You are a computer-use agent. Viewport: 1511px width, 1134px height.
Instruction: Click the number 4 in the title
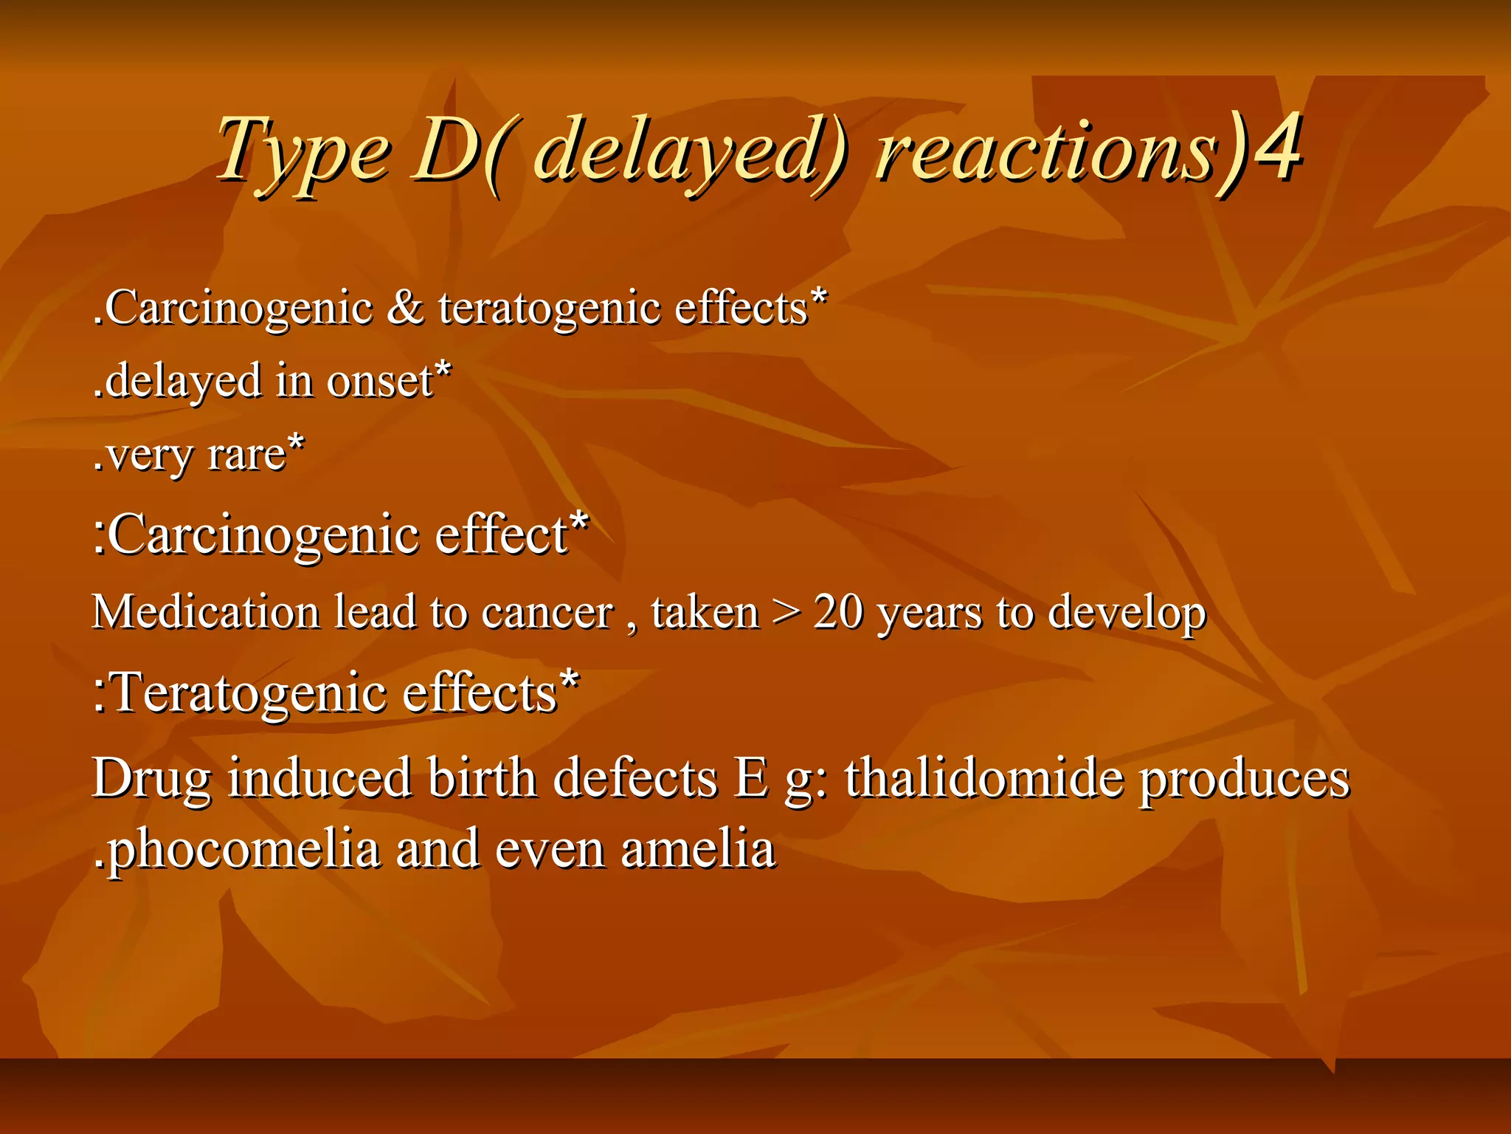coord(1277,148)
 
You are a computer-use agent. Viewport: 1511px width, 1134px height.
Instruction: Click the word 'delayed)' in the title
coord(690,151)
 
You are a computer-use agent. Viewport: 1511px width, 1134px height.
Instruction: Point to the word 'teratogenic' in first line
coord(549,309)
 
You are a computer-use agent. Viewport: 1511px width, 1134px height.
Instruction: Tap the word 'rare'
coord(246,455)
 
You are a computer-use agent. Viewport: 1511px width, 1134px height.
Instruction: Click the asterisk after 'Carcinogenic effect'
coord(580,521)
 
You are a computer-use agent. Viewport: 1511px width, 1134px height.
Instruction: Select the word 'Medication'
coord(206,612)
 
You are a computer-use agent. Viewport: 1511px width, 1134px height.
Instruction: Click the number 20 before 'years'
coord(838,612)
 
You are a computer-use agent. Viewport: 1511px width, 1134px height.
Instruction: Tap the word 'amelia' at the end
coord(698,849)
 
